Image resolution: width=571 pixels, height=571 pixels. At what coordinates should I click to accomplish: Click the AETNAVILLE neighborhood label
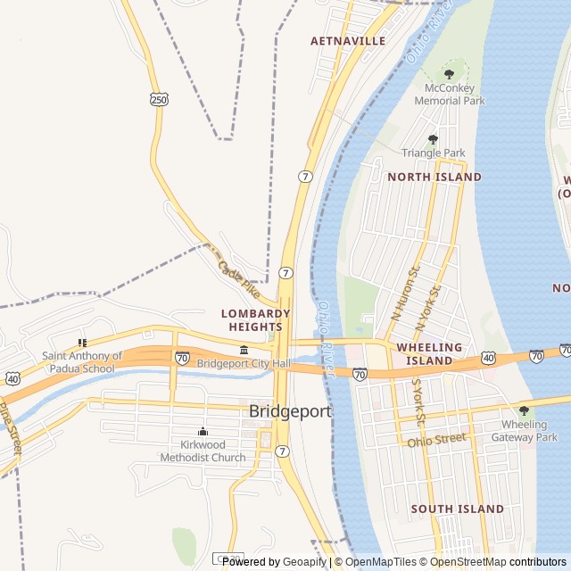pos(348,41)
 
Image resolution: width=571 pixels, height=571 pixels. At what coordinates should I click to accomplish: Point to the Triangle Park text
pos(433,153)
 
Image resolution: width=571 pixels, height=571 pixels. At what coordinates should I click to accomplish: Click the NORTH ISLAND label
pos(434,177)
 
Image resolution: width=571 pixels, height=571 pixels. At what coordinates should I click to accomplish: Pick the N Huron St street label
pos(404,292)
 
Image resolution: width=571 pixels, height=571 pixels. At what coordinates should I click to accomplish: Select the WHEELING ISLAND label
pos(429,353)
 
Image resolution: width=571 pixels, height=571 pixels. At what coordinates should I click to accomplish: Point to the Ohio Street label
pos(437,440)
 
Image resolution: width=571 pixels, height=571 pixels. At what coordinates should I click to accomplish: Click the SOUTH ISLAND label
pos(457,509)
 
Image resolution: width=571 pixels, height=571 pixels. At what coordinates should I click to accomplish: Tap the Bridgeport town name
pos(290,411)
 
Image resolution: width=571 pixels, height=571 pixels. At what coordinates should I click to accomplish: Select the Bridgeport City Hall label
pos(244,363)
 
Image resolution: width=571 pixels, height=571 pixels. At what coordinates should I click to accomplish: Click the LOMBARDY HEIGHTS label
pos(256,320)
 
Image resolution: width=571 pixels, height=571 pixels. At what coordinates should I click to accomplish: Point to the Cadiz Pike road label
pos(238,279)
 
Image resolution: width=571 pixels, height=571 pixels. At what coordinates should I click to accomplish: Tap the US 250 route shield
pos(159,100)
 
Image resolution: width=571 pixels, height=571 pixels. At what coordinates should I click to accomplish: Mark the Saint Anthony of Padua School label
pos(79,362)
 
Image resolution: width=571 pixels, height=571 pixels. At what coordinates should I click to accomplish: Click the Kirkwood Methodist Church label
pos(203,451)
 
